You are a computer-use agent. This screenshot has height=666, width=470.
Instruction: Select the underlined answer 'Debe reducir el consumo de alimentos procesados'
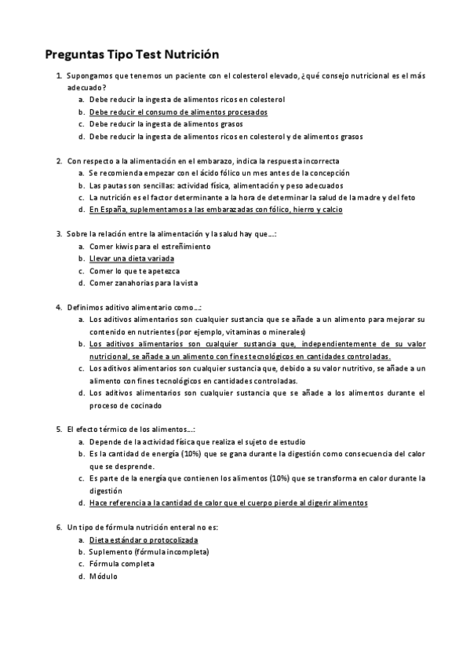(x=178, y=112)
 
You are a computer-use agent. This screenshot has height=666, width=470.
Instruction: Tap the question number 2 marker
(x=59, y=161)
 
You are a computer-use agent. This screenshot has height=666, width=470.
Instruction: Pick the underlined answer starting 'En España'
(x=215, y=210)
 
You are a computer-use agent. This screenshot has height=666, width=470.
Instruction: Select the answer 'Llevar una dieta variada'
(x=131, y=258)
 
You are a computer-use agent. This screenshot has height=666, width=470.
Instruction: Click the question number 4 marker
(x=59, y=307)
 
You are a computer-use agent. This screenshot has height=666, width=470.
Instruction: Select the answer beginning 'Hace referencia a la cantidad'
(x=228, y=503)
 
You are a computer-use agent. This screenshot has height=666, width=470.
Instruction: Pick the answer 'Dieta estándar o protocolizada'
(x=143, y=540)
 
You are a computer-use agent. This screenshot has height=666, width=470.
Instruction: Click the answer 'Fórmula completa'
(x=122, y=564)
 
